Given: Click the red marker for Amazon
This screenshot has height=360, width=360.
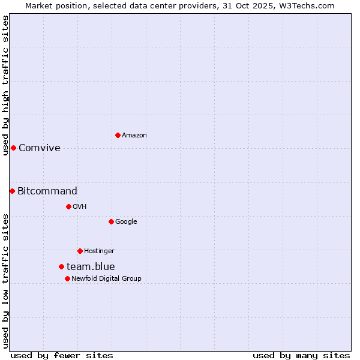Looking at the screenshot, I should tap(118, 135).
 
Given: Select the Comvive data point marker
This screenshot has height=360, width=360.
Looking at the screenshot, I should tap(13, 148).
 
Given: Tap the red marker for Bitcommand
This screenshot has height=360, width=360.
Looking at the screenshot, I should tap(12, 191).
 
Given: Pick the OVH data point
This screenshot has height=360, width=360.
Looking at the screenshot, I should tap(68, 206).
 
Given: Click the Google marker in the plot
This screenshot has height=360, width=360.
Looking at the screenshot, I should tap(111, 221).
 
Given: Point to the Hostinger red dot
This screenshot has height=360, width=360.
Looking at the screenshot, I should tap(80, 251).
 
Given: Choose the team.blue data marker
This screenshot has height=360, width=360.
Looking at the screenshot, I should tap(61, 266).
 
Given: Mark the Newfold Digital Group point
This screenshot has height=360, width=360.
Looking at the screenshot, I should tap(67, 278).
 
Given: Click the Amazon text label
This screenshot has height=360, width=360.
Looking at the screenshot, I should tap(134, 136).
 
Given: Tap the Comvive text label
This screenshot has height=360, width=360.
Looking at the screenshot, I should tap(40, 148).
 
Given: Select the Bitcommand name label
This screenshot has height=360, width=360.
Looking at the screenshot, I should tap(47, 191).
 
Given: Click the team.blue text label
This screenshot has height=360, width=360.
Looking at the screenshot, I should tap(91, 267).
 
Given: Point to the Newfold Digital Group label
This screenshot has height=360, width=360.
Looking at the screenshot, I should tap(106, 278).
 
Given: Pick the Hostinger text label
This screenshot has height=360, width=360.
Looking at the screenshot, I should tap(99, 251).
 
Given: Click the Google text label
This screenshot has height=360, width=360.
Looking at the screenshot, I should tap(126, 221).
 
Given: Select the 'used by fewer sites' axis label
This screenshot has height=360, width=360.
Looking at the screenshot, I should tap(62, 356).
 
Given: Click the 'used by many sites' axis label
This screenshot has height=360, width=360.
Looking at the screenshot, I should tap(301, 356).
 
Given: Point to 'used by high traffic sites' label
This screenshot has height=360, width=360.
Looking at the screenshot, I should tap(5, 85).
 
